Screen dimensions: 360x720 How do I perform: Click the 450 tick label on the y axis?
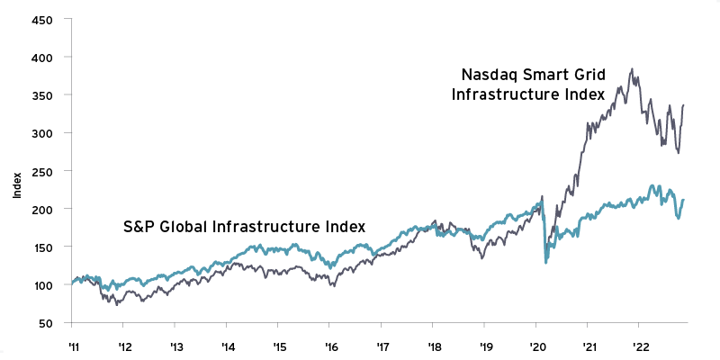pos(43,19)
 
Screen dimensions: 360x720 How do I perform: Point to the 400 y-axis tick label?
pos(43,57)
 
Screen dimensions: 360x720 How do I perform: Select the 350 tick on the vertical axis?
pos(43,94)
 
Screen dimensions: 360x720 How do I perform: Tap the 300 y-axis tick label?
pos(43,133)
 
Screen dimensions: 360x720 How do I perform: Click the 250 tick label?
pos(43,171)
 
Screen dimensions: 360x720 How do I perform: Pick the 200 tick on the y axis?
pos(43,209)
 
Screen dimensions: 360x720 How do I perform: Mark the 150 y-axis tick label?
pos(43,247)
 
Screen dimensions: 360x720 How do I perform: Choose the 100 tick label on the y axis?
pos(43,284)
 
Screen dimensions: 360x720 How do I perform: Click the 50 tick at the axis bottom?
pos(46,323)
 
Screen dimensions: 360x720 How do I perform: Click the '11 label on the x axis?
pos(72,345)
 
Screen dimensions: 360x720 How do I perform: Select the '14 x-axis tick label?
pos(228,345)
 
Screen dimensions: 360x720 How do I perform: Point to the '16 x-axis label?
pos(330,345)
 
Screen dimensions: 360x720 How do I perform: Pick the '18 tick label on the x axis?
pos(435,345)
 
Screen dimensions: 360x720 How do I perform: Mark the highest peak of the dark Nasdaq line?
pos(633,68)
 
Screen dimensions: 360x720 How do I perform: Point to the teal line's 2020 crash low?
pos(546,262)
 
